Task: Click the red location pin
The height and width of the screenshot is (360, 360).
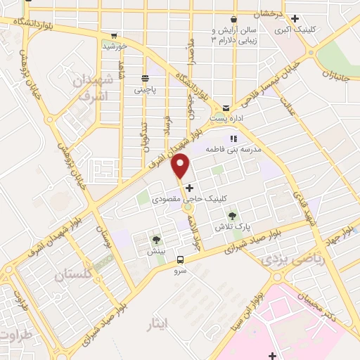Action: point(182,166)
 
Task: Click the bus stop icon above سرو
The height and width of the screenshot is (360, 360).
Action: point(180,259)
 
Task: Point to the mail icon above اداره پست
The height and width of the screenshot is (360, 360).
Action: point(226,108)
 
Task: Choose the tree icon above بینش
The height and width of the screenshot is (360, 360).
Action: point(156,240)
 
